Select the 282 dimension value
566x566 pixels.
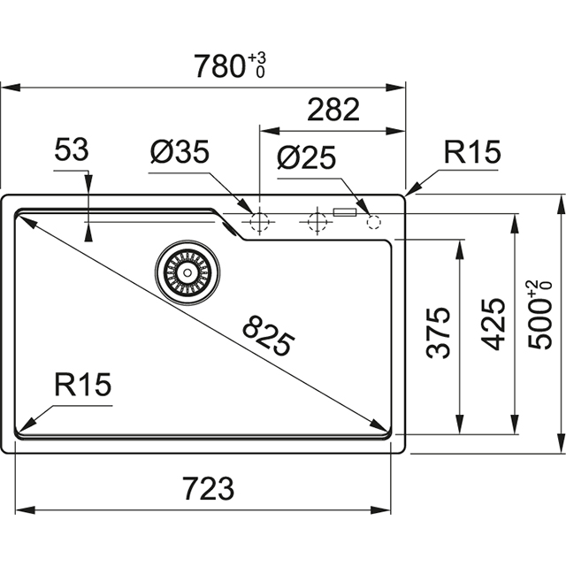pyautogui.click(x=333, y=110)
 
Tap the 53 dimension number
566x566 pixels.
pyautogui.click(x=71, y=150)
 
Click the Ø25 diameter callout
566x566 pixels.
pyautogui.click(x=306, y=157)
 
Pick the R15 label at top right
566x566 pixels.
pyautogui.click(x=472, y=153)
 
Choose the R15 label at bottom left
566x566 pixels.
pyautogui.click(x=80, y=385)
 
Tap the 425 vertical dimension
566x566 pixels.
pyautogui.click(x=493, y=324)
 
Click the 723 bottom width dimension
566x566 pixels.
pyautogui.click(x=209, y=487)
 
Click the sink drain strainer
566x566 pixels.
pyautogui.click(x=186, y=270)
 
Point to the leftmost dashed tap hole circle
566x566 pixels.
pyautogui.click(x=259, y=221)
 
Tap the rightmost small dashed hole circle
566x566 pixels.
pyautogui.click(x=372, y=221)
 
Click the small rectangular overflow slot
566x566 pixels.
pyautogui.click(x=343, y=212)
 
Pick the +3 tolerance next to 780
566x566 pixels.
pyautogui.click(x=257, y=58)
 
